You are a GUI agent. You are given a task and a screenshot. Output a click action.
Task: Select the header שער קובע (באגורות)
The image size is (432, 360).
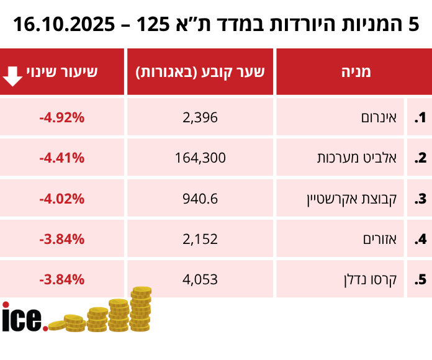pyautogui.click(x=200, y=71)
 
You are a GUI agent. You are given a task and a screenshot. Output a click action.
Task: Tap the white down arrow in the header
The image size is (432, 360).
pyautogui.click(x=13, y=73)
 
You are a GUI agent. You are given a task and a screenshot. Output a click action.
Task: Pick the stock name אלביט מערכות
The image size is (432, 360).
pyautogui.click(x=363, y=158)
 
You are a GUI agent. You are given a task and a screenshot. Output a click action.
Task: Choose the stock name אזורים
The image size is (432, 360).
pyautogui.click(x=380, y=239)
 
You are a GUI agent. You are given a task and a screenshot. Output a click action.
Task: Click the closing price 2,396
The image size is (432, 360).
pyautogui.click(x=200, y=117)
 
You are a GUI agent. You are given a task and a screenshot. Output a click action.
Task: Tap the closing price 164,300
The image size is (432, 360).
pyautogui.click(x=200, y=158)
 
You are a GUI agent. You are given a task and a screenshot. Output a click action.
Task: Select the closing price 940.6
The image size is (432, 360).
pyautogui.click(x=200, y=199)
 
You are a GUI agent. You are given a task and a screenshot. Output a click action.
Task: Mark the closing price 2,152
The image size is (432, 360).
pyautogui.click(x=200, y=239)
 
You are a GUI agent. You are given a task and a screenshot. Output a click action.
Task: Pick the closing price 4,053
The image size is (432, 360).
pyautogui.click(x=200, y=279)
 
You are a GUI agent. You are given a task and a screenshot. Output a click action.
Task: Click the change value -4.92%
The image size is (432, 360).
pyautogui.click(x=61, y=117)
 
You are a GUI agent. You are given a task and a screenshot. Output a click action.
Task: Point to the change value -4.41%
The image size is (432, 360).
pyautogui.click(x=61, y=158)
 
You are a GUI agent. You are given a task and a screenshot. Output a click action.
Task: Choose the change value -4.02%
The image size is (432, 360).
pyautogui.click(x=61, y=199)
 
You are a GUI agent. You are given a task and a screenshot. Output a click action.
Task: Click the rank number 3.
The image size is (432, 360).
pyautogui.click(x=420, y=199)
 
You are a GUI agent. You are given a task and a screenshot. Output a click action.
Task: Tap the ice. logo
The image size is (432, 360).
pyautogui.click(x=24, y=318)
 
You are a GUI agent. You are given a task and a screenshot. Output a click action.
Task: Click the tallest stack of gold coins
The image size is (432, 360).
pyautogui.click(x=141, y=308)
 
